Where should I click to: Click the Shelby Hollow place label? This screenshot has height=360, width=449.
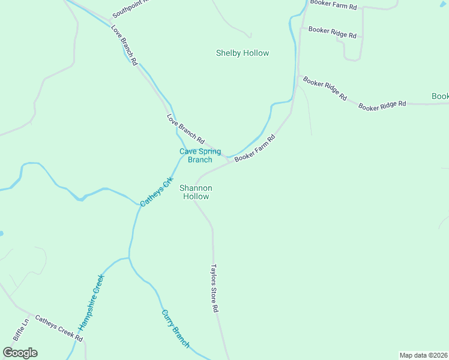coord(243,53)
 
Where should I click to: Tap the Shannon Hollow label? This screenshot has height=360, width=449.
coord(195,192)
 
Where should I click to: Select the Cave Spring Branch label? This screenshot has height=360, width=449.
coord(200,155)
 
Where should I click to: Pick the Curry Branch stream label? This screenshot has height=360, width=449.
coord(175,329)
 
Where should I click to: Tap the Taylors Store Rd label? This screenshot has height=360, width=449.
coord(214,289)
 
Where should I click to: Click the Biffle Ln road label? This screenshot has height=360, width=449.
coord(21,330)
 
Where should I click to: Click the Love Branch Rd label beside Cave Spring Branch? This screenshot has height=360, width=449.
coord(185,129)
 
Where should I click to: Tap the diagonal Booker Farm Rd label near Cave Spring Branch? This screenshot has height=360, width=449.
coord(255,148)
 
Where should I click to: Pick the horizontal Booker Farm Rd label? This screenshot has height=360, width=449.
coord(333,7)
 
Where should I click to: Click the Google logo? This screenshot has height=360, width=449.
coord(20,352)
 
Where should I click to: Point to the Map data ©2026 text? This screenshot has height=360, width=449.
coord(423,355)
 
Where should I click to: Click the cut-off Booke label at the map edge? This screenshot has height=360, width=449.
coord(440,96)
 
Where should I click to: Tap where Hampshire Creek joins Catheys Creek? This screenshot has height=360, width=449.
coord(128,258)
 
